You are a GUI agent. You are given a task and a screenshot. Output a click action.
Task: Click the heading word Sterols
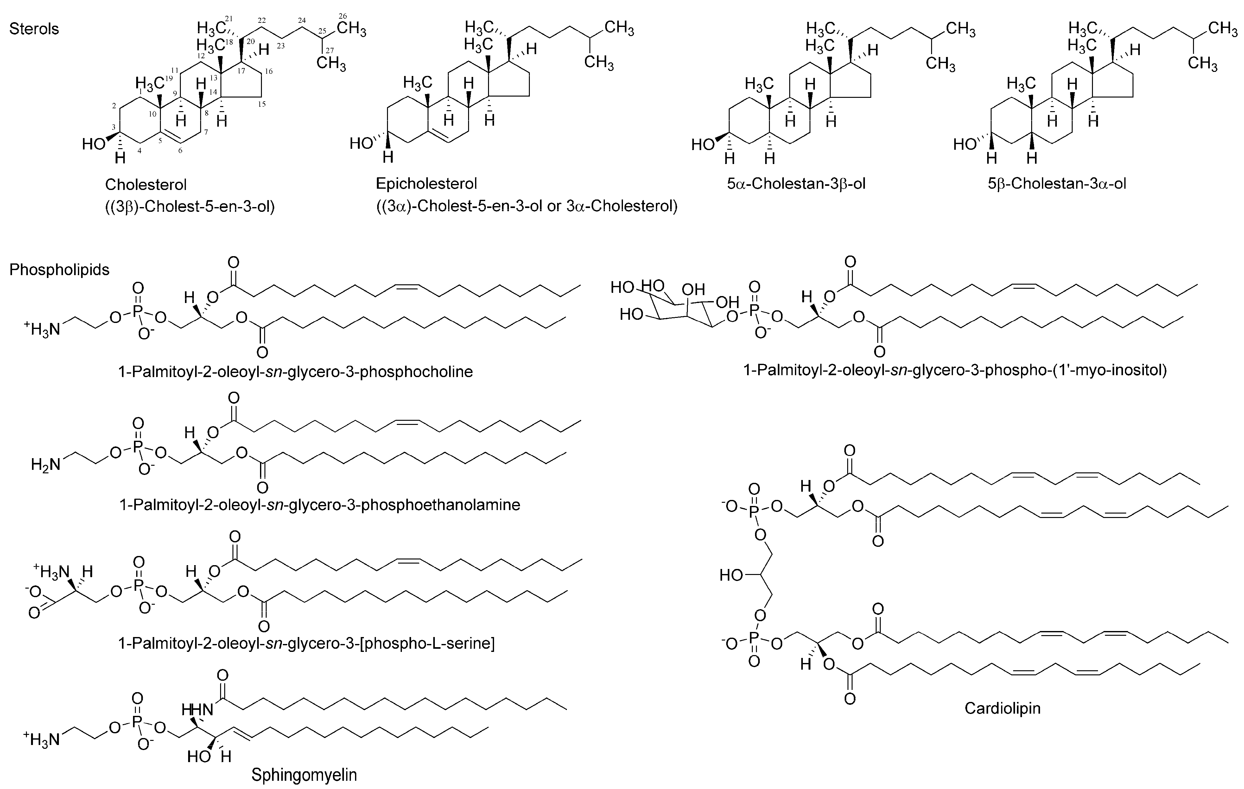click(x=34, y=29)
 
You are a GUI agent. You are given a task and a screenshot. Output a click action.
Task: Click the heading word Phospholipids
click(x=60, y=269)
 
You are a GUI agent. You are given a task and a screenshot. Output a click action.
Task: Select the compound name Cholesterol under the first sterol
click(x=146, y=184)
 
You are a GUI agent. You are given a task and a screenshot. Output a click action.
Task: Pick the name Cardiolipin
click(x=1002, y=708)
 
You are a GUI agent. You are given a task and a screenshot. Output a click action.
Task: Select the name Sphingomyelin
click(x=304, y=774)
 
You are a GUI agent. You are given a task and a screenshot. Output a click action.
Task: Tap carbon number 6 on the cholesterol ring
click(x=180, y=150)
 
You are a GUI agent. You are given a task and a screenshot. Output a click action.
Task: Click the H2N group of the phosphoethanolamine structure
click(x=46, y=465)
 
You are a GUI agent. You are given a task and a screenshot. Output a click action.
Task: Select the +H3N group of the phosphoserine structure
click(x=51, y=571)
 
